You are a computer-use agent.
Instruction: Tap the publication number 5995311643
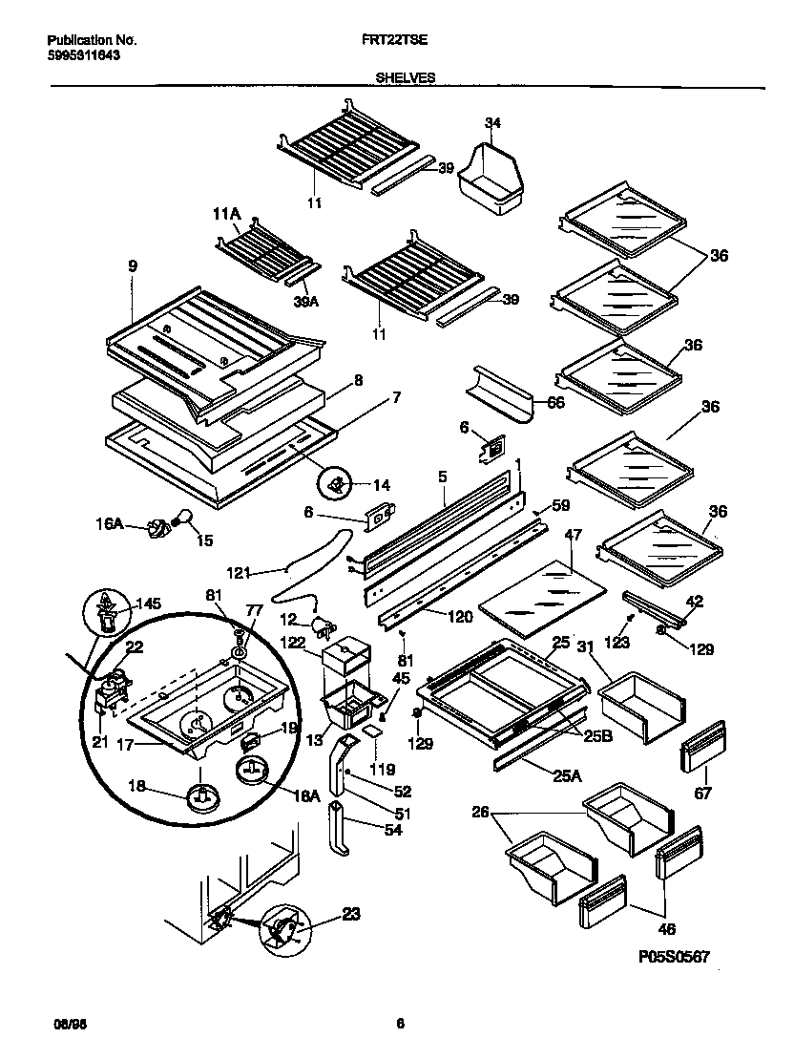coord(84,55)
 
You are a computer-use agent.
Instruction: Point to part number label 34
coord(492,122)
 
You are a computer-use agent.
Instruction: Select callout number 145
coord(149,603)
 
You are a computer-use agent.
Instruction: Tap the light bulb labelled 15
coord(185,519)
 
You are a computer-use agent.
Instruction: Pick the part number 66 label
coord(555,404)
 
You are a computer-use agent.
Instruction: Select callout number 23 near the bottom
coord(350,914)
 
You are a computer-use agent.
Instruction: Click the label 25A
coord(567,775)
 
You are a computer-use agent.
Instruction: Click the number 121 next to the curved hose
coord(239,572)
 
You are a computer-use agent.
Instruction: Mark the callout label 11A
coord(225,214)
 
